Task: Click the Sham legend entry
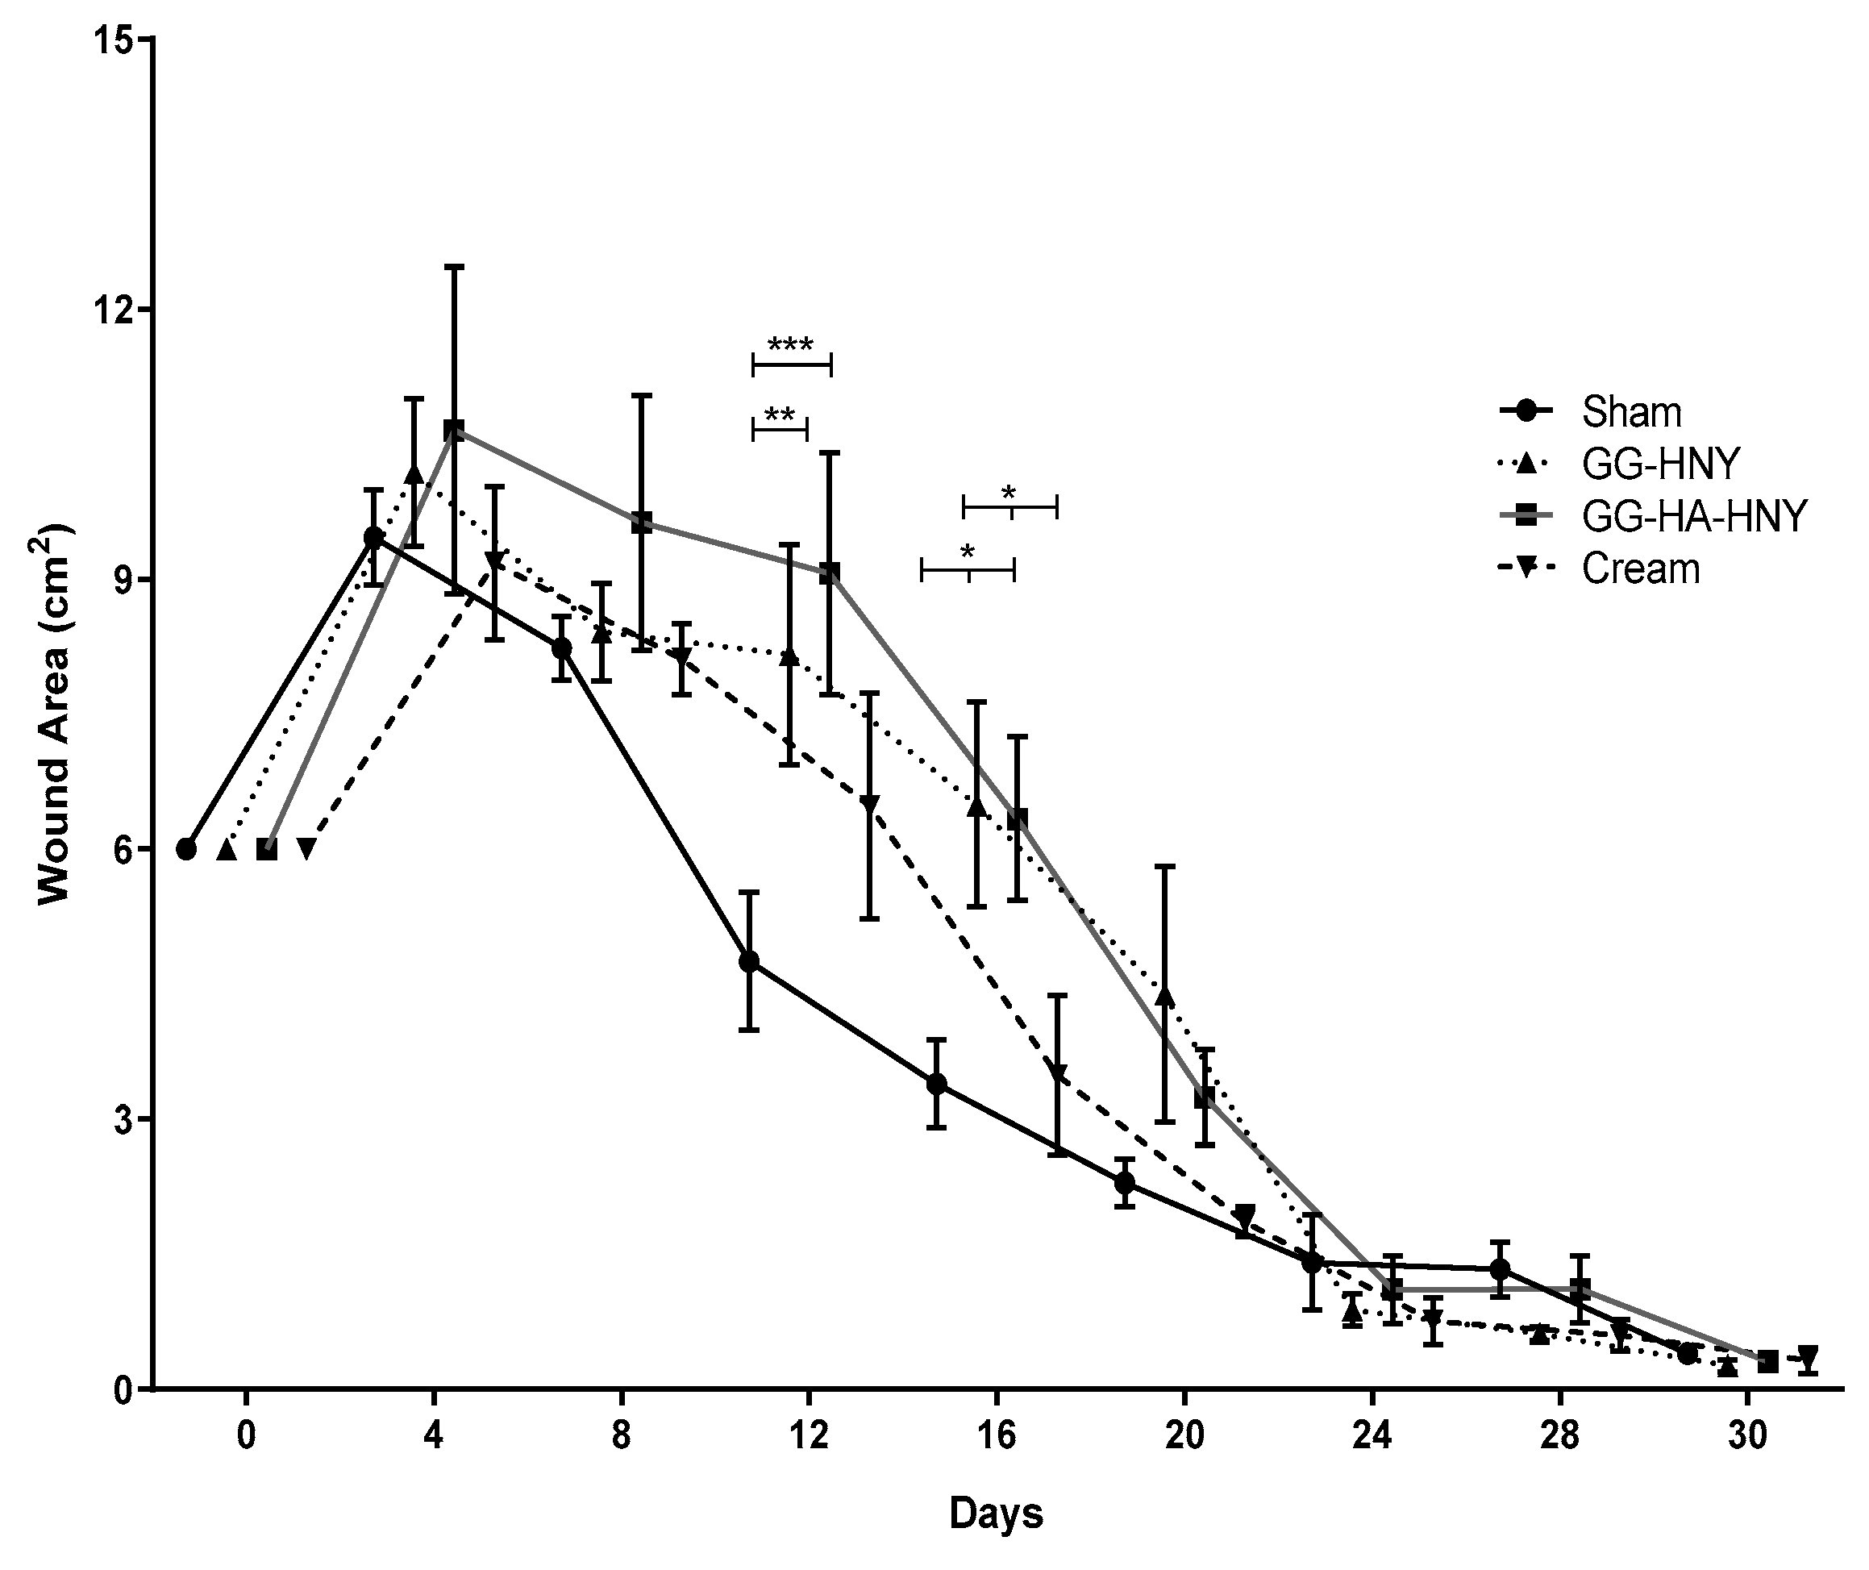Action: point(1630,412)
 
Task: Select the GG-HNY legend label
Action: point(1660,464)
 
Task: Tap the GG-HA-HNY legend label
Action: point(1694,516)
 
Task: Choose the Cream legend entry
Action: point(1640,568)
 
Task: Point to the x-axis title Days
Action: point(995,1513)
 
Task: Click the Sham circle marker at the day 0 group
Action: point(186,849)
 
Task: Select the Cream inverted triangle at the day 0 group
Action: point(306,849)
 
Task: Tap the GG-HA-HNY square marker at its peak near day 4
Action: point(454,430)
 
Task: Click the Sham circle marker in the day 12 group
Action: point(749,961)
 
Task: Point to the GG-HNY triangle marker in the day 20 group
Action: point(1165,997)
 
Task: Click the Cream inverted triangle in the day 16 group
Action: point(1057,1072)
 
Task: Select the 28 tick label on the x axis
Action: point(1560,1436)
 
